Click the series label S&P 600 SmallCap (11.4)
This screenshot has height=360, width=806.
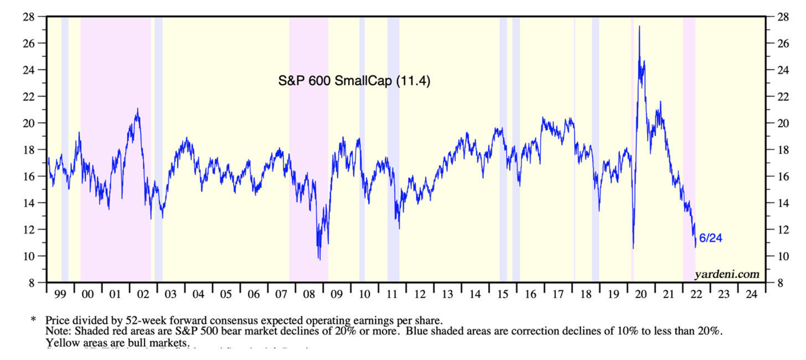pos(354,81)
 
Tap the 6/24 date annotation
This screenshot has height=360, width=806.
pos(711,238)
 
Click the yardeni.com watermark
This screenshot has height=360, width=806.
pos(727,274)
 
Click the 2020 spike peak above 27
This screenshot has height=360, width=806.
pos(639,26)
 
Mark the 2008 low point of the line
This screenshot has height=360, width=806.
pos(319,259)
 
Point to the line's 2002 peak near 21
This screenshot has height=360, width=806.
pos(137,109)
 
